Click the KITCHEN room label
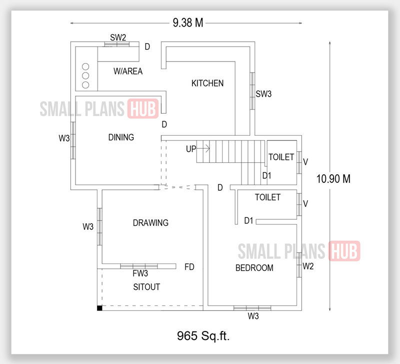(207, 83)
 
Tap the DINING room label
(121, 137)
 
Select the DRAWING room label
(150, 223)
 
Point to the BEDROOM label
(254, 268)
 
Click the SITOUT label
(146, 287)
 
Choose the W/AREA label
(128, 72)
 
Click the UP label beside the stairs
(191, 149)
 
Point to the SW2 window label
(118, 38)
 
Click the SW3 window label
(263, 94)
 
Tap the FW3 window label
(140, 274)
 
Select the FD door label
(189, 267)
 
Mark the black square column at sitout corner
(99, 308)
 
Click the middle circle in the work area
(85, 76)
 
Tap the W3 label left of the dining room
(64, 139)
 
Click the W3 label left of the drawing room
(88, 227)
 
